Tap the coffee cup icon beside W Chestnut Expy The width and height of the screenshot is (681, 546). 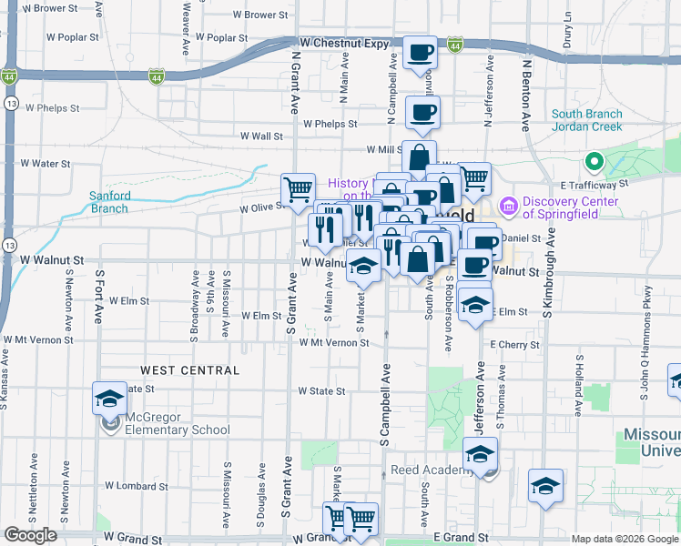420,54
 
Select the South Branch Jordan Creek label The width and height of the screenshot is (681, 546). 587,120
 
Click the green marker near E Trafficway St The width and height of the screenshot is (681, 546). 595,164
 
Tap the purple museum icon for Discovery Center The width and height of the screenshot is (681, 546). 508,207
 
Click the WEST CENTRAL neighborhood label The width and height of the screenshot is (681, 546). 189,370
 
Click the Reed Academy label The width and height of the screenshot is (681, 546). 428,470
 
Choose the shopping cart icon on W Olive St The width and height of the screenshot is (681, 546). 298,190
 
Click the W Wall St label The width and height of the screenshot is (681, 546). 261,136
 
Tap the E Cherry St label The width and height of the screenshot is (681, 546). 515,345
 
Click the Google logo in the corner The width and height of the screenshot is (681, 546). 30,535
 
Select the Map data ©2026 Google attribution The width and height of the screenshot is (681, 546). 624,539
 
